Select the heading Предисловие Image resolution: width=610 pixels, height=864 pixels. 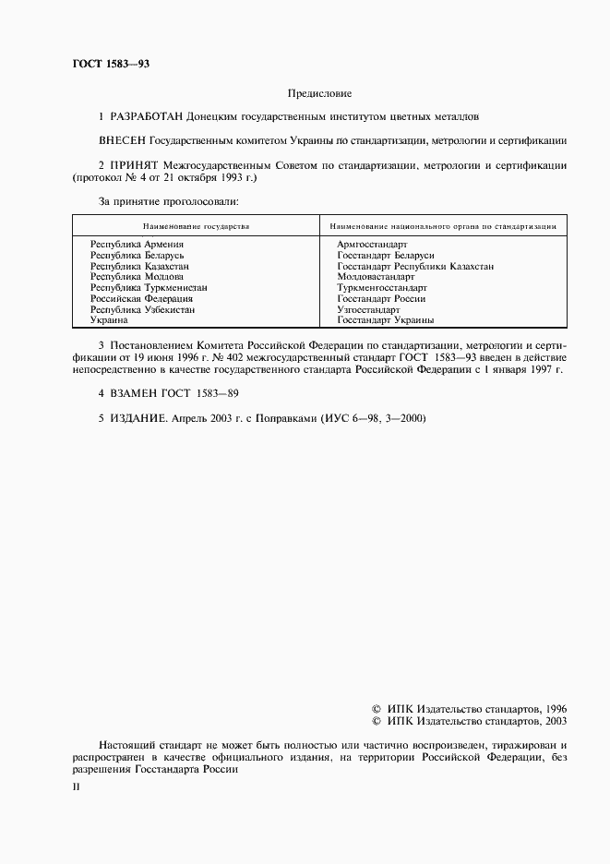[x=319, y=93]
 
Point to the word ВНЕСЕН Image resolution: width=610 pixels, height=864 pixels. [x=122, y=141]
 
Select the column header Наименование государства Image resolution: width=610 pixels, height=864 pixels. [x=196, y=225]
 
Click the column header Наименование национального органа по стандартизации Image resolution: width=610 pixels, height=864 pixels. [x=443, y=225]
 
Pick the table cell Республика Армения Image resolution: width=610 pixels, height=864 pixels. [x=137, y=244]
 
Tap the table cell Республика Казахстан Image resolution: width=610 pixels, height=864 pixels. [x=139, y=266]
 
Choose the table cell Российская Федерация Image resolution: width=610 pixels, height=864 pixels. [x=141, y=298]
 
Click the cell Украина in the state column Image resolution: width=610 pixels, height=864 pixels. [x=109, y=319]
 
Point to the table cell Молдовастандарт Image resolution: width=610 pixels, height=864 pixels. [x=377, y=276]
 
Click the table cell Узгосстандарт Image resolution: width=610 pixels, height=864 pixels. [x=368, y=309]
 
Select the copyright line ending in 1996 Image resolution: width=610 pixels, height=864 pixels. [x=469, y=707]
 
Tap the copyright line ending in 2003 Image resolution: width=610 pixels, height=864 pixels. [x=469, y=721]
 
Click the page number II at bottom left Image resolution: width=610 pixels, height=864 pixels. [x=76, y=786]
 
